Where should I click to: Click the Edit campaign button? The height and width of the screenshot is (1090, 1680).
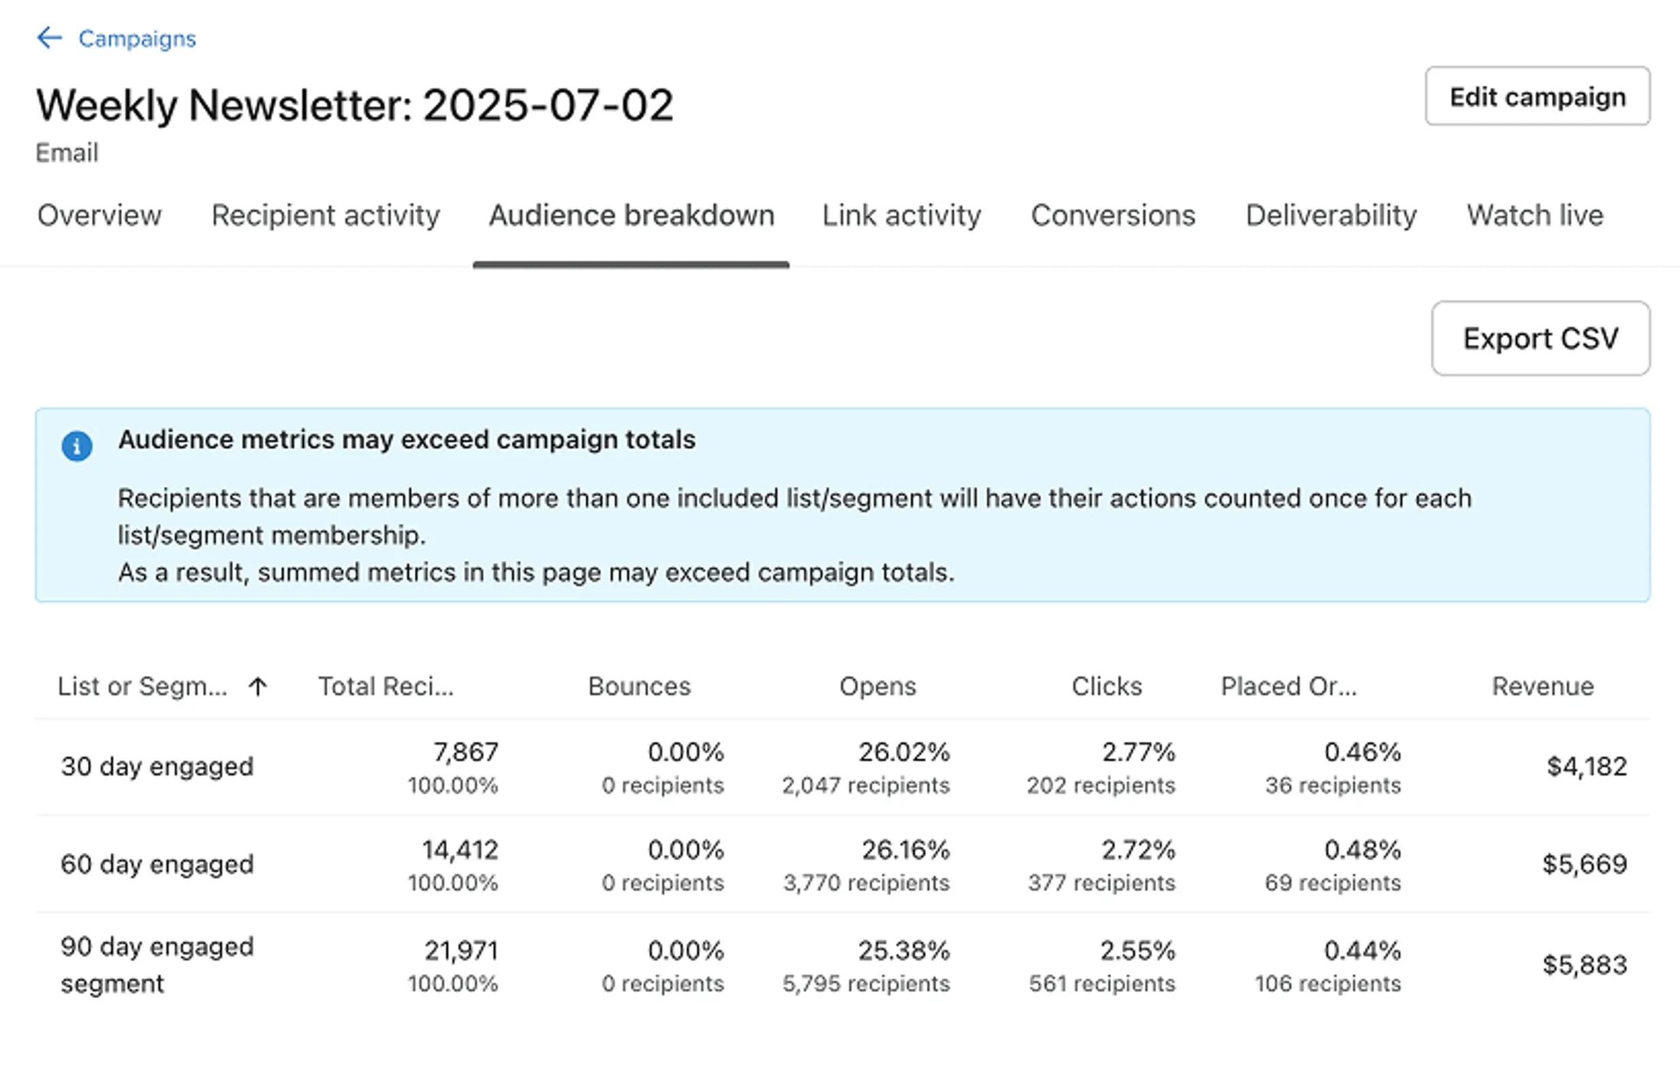click(1537, 97)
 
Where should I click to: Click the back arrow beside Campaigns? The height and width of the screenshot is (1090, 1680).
click(50, 37)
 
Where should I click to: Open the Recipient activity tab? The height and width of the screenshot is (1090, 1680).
click(326, 215)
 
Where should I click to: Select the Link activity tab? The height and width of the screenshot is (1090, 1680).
click(901, 215)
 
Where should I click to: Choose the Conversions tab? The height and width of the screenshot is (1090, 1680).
click(1113, 215)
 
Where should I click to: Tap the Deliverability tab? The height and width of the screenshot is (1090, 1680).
click(1331, 215)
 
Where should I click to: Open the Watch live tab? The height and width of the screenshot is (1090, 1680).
click(1535, 215)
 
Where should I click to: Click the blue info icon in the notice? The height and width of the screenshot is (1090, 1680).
click(77, 446)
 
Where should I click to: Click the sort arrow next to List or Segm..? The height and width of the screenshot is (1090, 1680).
click(258, 686)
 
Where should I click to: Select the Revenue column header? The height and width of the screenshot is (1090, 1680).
click(1542, 686)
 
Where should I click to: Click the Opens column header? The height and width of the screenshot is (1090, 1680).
click(877, 686)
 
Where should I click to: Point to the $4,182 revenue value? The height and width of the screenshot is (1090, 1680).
click(1586, 766)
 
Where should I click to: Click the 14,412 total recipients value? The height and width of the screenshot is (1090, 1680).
click(461, 850)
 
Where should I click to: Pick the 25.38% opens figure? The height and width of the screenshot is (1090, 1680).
click(903, 951)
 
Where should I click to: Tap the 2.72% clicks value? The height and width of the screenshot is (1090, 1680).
click(1138, 850)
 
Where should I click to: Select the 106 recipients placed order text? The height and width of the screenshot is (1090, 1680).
click(1327, 984)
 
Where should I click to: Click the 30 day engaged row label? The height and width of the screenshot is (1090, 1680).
click(157, 766)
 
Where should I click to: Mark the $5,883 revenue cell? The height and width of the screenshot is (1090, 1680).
click(1584, 965)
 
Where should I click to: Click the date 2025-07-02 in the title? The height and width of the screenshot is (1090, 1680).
click(548, 106)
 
